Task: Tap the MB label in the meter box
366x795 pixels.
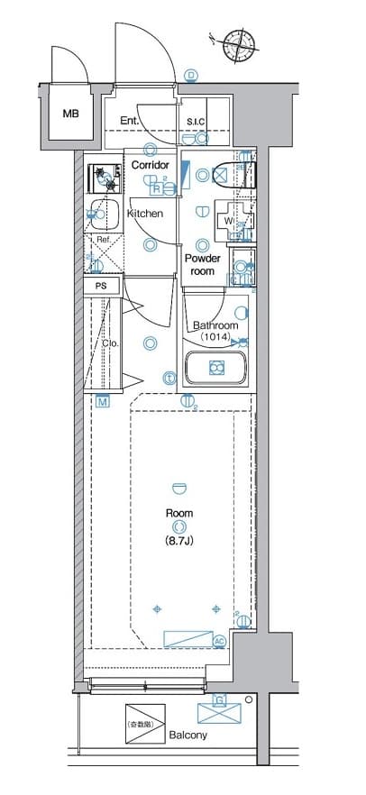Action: pyautogui.click(x=69, y=114)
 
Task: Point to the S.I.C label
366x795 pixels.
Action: pyautogui.click(x=196, y=123)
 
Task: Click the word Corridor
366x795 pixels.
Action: pyautogui.click(x=150, y=166)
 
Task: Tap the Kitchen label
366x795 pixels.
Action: pyautogui.click(x=144, y=214)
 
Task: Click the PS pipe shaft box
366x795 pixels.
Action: pyautogui.click(x=102, y=286)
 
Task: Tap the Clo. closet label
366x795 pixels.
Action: pyautogui.click(x=110, y=343)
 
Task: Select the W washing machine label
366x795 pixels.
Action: pyautogui.click(x=229, y=220)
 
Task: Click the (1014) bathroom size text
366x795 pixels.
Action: pyautogui.click(x=215, y=337)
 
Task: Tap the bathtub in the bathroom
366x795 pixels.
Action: pyautogui.click(x=215, y=368)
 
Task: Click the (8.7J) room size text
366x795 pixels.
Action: pyautogui.click(x=178, y=541)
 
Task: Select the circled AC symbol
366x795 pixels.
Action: pyautogui.click(x=218, y=641)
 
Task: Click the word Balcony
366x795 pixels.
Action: pyautogui.click(x=188, y=736)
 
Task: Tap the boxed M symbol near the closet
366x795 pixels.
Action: pyautogui.click(x=103, y=401)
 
